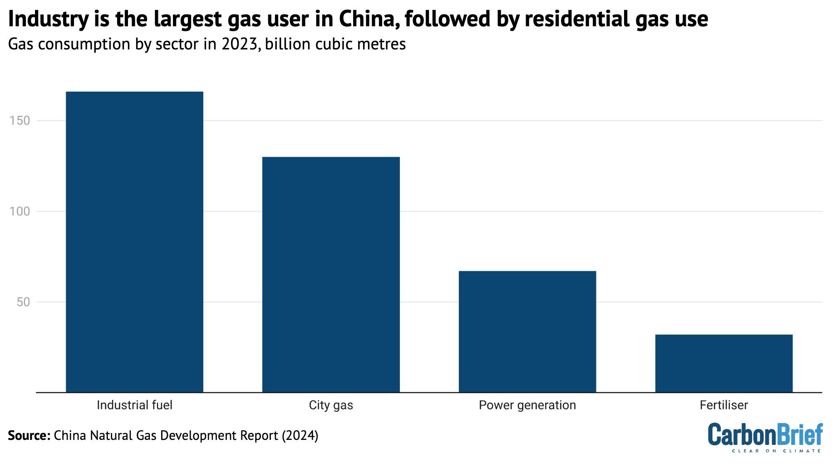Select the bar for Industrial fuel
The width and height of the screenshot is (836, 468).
tap(134, 242)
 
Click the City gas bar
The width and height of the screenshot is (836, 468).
tap(331, 274)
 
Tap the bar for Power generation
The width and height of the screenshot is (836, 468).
tap(527, 331)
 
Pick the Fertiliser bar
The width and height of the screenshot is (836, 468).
tap(723, 363)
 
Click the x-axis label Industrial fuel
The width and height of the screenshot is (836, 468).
tap(134, 405)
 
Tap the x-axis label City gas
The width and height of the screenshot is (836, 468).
tap(331, 405)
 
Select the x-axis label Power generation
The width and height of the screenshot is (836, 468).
tap(527, 405)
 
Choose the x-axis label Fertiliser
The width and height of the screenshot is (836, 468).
tap(723, 405)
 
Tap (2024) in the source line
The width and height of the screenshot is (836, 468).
tap(300, 435)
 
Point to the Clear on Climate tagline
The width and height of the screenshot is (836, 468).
tap(776, 451)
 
